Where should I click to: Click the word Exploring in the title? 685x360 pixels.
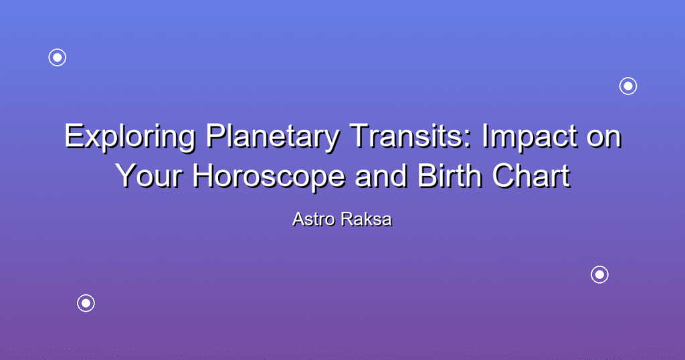click(130, 138)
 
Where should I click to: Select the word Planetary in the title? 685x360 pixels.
click(272, 138)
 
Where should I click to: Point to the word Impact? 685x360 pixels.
click(530, 138)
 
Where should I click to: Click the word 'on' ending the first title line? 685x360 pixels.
click(604, 140)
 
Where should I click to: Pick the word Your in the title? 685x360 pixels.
click(149, 175)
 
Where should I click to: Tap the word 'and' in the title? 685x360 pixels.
click(381, 175)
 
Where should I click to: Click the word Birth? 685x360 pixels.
click(450, 175)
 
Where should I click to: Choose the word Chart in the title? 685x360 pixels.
click(531, 175)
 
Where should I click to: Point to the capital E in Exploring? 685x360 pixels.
click(74, 136)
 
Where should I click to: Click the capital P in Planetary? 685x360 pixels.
click(216, 136)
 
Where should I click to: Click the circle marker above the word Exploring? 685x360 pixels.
click(58, 58)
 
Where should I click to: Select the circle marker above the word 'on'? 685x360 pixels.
click(628, 86)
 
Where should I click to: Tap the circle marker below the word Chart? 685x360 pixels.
click(599, 274)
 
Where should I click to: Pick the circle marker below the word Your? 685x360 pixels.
click(86, 302)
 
